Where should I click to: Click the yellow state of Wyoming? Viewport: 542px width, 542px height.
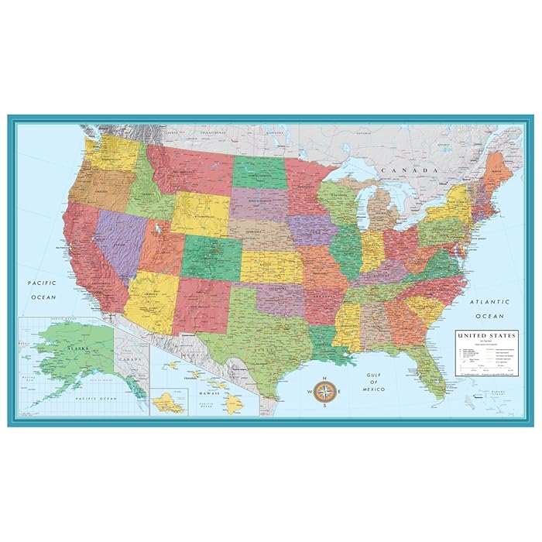pos(200,214)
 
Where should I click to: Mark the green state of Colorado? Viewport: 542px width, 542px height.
pos(211,257)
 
